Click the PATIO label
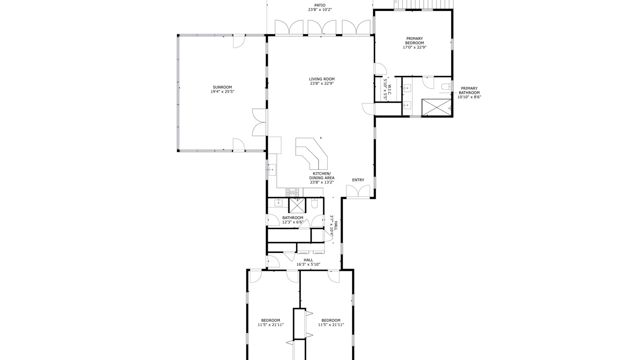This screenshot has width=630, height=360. (320, 6)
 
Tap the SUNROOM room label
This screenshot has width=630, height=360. (222, 87)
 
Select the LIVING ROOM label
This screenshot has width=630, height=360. (322, 79)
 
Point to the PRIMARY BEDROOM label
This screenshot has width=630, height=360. (415, 41)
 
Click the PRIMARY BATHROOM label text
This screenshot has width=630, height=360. (469, 91)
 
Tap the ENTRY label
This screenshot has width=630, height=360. (358, 180)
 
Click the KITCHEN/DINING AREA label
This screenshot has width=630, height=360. (322, 176)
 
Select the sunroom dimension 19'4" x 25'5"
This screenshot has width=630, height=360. (222, 92)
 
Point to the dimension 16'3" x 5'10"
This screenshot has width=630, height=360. (308, 264)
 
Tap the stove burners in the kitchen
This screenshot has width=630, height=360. (292, 193)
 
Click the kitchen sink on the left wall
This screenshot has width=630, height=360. (271, 170)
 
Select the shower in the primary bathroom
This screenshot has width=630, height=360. (436, 107)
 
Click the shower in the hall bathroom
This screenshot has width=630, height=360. (297, 205)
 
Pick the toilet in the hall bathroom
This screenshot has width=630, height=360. (315, 204)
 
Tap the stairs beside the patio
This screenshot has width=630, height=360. (424, 4)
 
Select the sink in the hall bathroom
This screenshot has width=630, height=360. (278, 202)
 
